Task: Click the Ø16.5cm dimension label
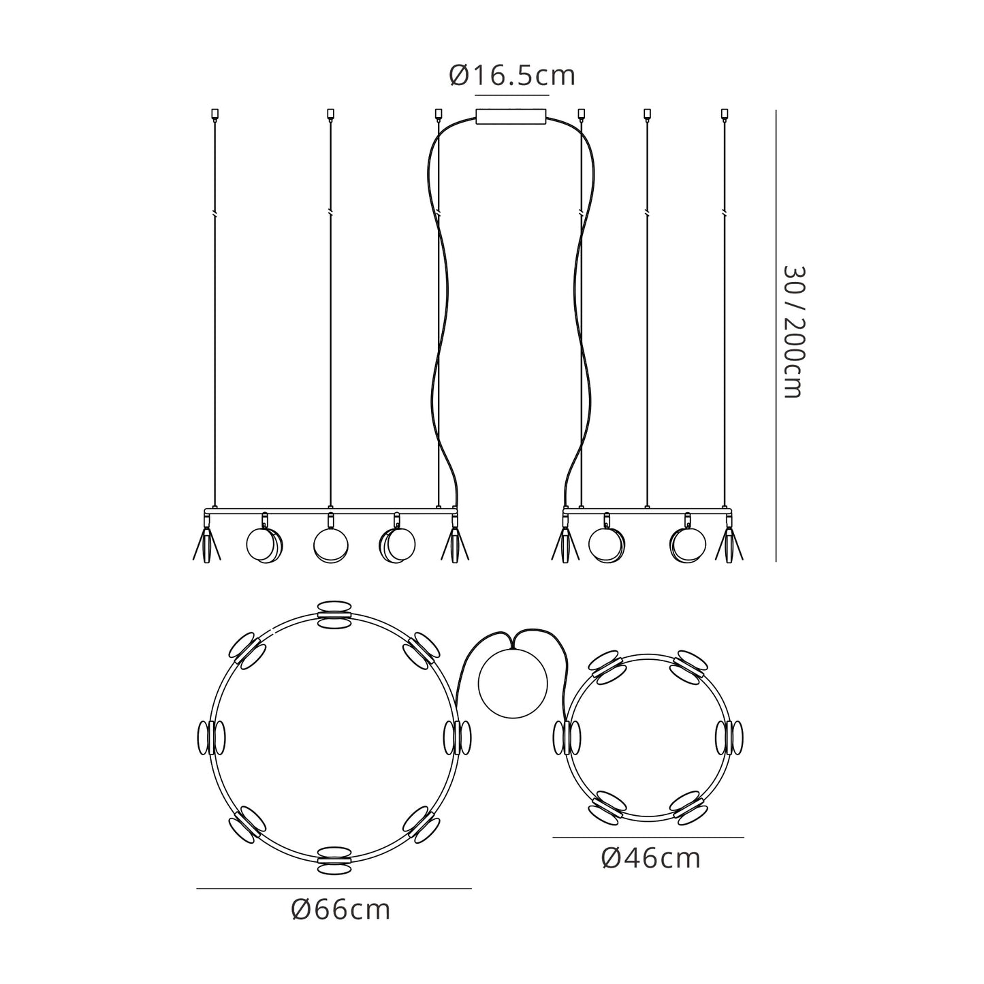(x=512, y=76)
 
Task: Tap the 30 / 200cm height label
(x=793, y=332)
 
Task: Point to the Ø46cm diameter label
(x=651, y=859)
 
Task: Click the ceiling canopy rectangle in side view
(x=511, y=116)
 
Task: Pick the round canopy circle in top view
(x=513, y=684)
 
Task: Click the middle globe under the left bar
(x=330, y=545)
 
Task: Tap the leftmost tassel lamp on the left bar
(x=206, y=542)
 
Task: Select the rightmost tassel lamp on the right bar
(x=729, y=542)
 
